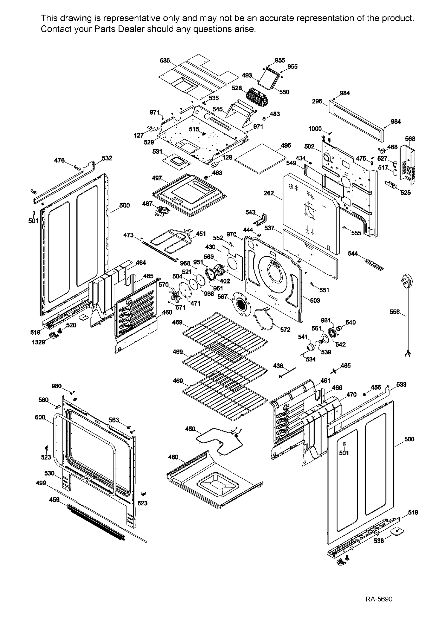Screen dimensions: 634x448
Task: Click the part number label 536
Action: point(165,61)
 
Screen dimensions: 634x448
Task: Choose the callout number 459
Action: point(54,500)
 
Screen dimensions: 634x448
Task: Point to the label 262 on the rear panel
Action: point(269,193)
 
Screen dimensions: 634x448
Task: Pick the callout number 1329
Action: point(38,342)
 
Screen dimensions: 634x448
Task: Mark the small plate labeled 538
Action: point(397,531)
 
